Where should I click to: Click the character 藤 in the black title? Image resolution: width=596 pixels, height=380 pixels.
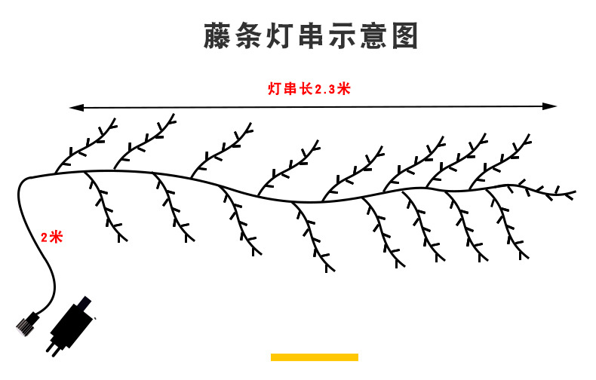[x=218, y=35]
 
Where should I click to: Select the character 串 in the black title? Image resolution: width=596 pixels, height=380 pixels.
[x=310, y=35]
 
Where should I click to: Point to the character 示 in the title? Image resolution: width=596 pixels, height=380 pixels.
[x=341, y=35]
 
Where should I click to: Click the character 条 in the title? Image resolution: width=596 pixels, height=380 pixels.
[x=249, y=35]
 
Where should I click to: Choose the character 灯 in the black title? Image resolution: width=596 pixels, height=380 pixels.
[x=279, y=35]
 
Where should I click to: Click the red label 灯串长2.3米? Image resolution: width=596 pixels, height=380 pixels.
[x=309, y=88]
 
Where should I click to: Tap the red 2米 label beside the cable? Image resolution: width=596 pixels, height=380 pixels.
[x=51, y=237]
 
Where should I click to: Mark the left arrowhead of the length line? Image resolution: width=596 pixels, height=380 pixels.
[x=73, y=107]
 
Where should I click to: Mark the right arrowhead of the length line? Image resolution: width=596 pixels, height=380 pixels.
[x=553, y=107]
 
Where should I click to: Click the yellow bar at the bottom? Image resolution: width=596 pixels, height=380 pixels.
[x=314, y=357]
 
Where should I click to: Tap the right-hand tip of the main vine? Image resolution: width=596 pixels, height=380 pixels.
[x=576, y=193]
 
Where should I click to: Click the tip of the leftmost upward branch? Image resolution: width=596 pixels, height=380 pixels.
[x=115, y=119]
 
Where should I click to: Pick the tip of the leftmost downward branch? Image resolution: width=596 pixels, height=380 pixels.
[x=125, y=241]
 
